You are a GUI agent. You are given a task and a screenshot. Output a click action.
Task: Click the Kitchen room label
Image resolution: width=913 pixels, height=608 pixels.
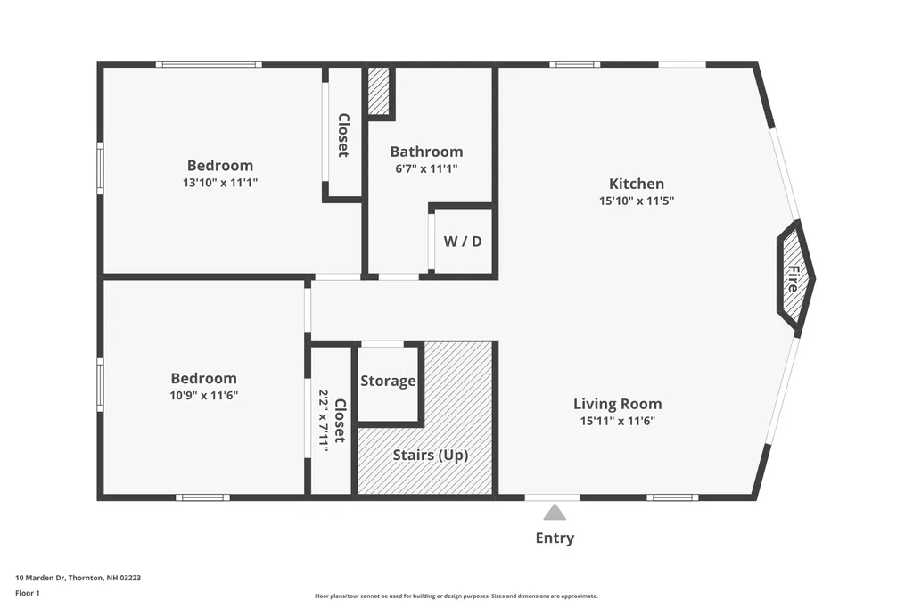(636, 184)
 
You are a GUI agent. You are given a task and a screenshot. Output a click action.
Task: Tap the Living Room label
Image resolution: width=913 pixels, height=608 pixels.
(617, 404)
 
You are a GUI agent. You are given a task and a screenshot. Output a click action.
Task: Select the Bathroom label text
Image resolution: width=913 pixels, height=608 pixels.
(426, 152)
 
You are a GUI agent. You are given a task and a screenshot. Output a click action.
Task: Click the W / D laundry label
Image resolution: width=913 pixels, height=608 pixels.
(462, 241)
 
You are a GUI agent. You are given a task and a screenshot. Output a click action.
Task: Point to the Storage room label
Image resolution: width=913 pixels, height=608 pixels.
(388, 382)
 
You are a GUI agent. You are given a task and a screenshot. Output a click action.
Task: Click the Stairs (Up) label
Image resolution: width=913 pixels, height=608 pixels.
(431, 455)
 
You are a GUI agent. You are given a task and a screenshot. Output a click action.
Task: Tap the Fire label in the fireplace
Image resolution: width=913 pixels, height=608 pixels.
(792, 280)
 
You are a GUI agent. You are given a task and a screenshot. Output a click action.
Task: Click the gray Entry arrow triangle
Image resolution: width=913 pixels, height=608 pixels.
(555, 513)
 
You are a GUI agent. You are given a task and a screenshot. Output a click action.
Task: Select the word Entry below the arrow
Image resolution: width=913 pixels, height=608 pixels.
(555, 538)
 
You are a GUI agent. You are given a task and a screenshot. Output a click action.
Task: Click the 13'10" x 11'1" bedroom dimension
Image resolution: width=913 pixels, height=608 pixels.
(219, 182)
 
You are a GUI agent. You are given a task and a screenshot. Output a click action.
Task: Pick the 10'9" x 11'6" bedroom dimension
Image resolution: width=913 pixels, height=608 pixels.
(204, 395)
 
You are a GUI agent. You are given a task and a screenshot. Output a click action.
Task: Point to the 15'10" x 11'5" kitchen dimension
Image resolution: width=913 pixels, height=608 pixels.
(636, 201)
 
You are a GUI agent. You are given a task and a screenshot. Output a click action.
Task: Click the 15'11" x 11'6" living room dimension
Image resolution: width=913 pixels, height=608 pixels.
(617, 421)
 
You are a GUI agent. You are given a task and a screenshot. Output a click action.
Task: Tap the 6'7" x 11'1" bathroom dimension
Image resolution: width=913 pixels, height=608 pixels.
(426, 168)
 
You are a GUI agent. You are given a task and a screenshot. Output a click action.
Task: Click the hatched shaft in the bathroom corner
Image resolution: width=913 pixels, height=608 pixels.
(380, 89)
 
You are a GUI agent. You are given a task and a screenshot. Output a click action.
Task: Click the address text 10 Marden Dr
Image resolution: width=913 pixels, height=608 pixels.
(78, 578)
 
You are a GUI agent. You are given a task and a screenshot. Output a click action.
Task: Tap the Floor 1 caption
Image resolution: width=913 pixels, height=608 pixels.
(28, 593)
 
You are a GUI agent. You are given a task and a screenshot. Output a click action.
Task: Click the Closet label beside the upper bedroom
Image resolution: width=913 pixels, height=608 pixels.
(342, 135)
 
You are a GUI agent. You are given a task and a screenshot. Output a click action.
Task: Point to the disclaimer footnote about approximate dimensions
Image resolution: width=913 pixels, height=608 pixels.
(456, 596)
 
